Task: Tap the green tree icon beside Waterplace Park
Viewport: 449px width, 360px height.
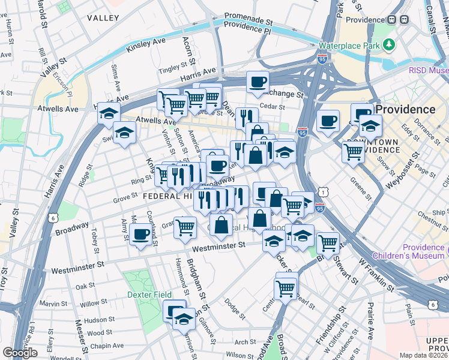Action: (x=389, y=44)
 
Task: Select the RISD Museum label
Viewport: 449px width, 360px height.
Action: (x=429, y=71)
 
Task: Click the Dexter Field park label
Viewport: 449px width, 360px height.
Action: (x=149, y=294)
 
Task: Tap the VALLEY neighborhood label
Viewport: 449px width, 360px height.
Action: (x=103, y=18)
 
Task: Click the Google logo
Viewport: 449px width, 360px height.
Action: (x=20, y=353)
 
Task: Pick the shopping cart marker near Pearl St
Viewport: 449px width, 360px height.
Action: (x=286, y=288)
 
